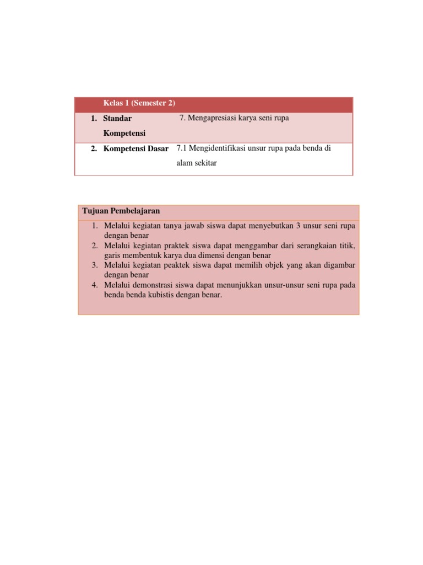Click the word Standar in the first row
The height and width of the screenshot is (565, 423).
117,119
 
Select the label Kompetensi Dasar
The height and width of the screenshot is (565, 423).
135,149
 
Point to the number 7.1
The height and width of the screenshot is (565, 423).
182,148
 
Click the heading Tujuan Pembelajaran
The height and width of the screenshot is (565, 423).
121,211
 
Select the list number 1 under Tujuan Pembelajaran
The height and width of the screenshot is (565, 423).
95,226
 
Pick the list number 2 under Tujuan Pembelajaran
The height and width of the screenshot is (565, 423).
95,246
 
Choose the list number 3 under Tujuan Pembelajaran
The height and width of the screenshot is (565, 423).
95,265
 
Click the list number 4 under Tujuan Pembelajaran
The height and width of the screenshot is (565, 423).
95,285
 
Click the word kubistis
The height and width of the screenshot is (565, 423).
169,295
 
